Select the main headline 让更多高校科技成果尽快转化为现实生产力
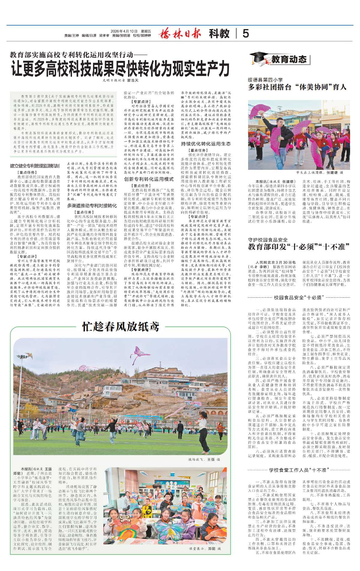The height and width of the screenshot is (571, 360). [120, 69]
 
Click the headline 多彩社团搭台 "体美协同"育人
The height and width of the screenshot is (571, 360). [297, 87]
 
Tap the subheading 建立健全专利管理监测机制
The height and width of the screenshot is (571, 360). [35, 166]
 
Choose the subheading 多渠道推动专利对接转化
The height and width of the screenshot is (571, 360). [92, 206]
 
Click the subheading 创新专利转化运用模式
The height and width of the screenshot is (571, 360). [149, 179]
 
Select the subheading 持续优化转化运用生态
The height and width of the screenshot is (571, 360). [206, 144]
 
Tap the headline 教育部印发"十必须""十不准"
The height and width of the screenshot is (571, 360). [299, 247]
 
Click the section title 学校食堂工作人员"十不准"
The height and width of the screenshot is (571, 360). [298, 470]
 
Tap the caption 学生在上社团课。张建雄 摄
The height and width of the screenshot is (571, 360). [319, 173]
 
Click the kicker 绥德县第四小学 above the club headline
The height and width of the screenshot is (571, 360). [265, 80]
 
